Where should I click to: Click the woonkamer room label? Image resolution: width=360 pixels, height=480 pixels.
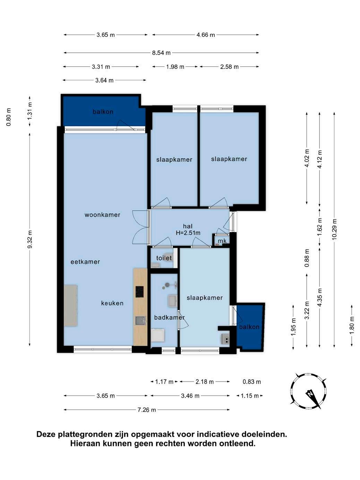pyautogui.click(x=102, y=215)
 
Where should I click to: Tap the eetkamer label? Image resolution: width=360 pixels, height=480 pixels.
pyautogui.click(x=85, y=262)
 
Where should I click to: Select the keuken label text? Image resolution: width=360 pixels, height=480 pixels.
pyautogui.click(x=112, y=303)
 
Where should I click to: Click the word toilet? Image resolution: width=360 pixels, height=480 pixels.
pyautogui.click(x=164, y=258)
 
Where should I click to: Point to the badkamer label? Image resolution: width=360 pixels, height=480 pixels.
pyautogui.click(x=169, y=317)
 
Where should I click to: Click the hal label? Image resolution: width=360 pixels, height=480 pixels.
pyautogui.click(x=188, y=226)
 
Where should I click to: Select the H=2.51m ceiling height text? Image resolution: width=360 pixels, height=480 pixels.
pyautogui.click(x=188, y=233)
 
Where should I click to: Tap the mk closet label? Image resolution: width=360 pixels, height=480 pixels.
pyautogui.click(x=222, y=241)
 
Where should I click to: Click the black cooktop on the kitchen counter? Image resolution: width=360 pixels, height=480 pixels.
pyautogui.click(x=139, y=292)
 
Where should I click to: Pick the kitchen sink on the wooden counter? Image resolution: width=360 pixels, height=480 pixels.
pyautogui.click(x=140, y=321)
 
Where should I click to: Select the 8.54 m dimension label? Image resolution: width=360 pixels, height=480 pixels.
pyautogui.click(x=161, y=53)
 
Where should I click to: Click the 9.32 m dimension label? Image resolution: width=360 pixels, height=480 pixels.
pyautogui.click(x=30, y=239)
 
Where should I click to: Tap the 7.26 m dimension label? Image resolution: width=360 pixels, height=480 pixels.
pyautogui.click(x=147, y=410)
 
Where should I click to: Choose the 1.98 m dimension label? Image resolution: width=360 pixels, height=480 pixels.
pyautogui.click(x=175, y=67)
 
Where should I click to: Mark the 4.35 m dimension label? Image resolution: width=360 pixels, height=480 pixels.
pyautogui.click(x=320, y=297)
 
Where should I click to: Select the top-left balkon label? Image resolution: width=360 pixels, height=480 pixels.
pyautogui.click(x=103, y=112)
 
